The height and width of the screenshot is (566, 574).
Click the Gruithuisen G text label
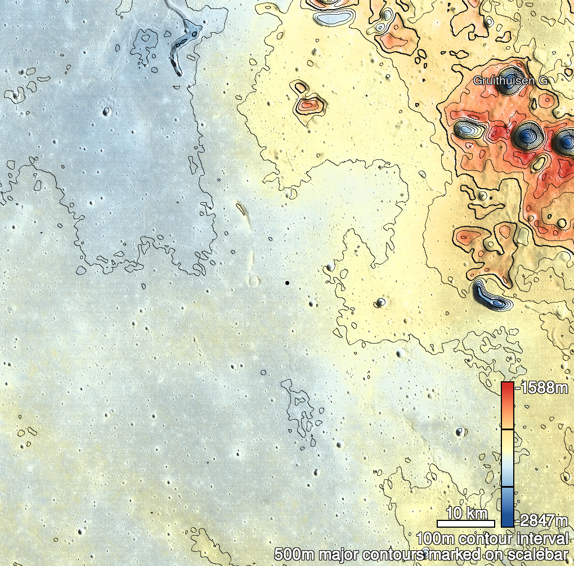pyautogui.click(x=510, y=81)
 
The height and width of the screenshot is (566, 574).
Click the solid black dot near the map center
pyautogui.click(x=287, y=283)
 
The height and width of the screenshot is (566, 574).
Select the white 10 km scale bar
pyautogui.click(x=465, y=523)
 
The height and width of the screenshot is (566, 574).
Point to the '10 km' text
pyautogui.click(x=467, y=513)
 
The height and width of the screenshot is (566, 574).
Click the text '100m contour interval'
pyautogui.click(x=493, y=538)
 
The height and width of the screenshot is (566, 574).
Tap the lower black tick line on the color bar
pyautogui.click(x=507, y=486)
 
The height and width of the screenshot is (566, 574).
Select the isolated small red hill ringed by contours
pyautogui.click(x=308, y=104)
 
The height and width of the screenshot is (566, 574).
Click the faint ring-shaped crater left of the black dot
pyautogui.click(x=253, y=281)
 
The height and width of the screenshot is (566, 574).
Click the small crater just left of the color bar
pyautogui.click(x=460, y=432)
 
